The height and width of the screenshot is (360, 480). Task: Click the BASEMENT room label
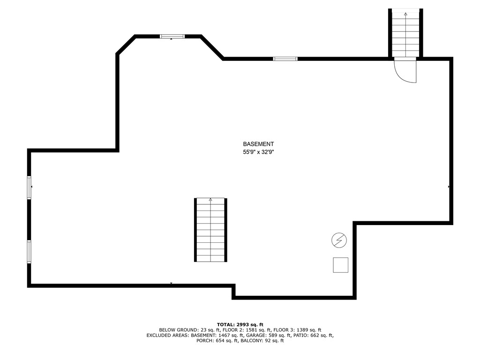[x=258, y=144]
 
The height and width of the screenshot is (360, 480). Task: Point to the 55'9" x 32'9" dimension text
[x=258, y=152]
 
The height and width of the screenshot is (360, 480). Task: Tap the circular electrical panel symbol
[x=339, y=240]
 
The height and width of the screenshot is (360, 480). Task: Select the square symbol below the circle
[x=341, y=265]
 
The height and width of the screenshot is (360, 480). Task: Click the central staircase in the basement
[x=210, y=230]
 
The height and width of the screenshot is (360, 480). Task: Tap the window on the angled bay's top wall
[x=172, y=36]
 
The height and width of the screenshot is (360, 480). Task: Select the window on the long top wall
[x=285, y=59]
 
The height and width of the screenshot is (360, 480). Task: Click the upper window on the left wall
[x=29, y=187]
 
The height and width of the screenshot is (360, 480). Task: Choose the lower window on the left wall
[x=29, y=252]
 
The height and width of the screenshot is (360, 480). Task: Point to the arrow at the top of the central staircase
[x=210, y=200]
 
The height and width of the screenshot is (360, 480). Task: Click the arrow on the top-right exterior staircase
[x=405, y=15]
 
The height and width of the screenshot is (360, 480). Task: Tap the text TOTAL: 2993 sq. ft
[x=240, y=324]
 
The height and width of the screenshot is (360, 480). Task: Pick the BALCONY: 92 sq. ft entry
[x=262, y=341]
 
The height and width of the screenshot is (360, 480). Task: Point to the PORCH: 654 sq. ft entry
[x=217, y=341]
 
